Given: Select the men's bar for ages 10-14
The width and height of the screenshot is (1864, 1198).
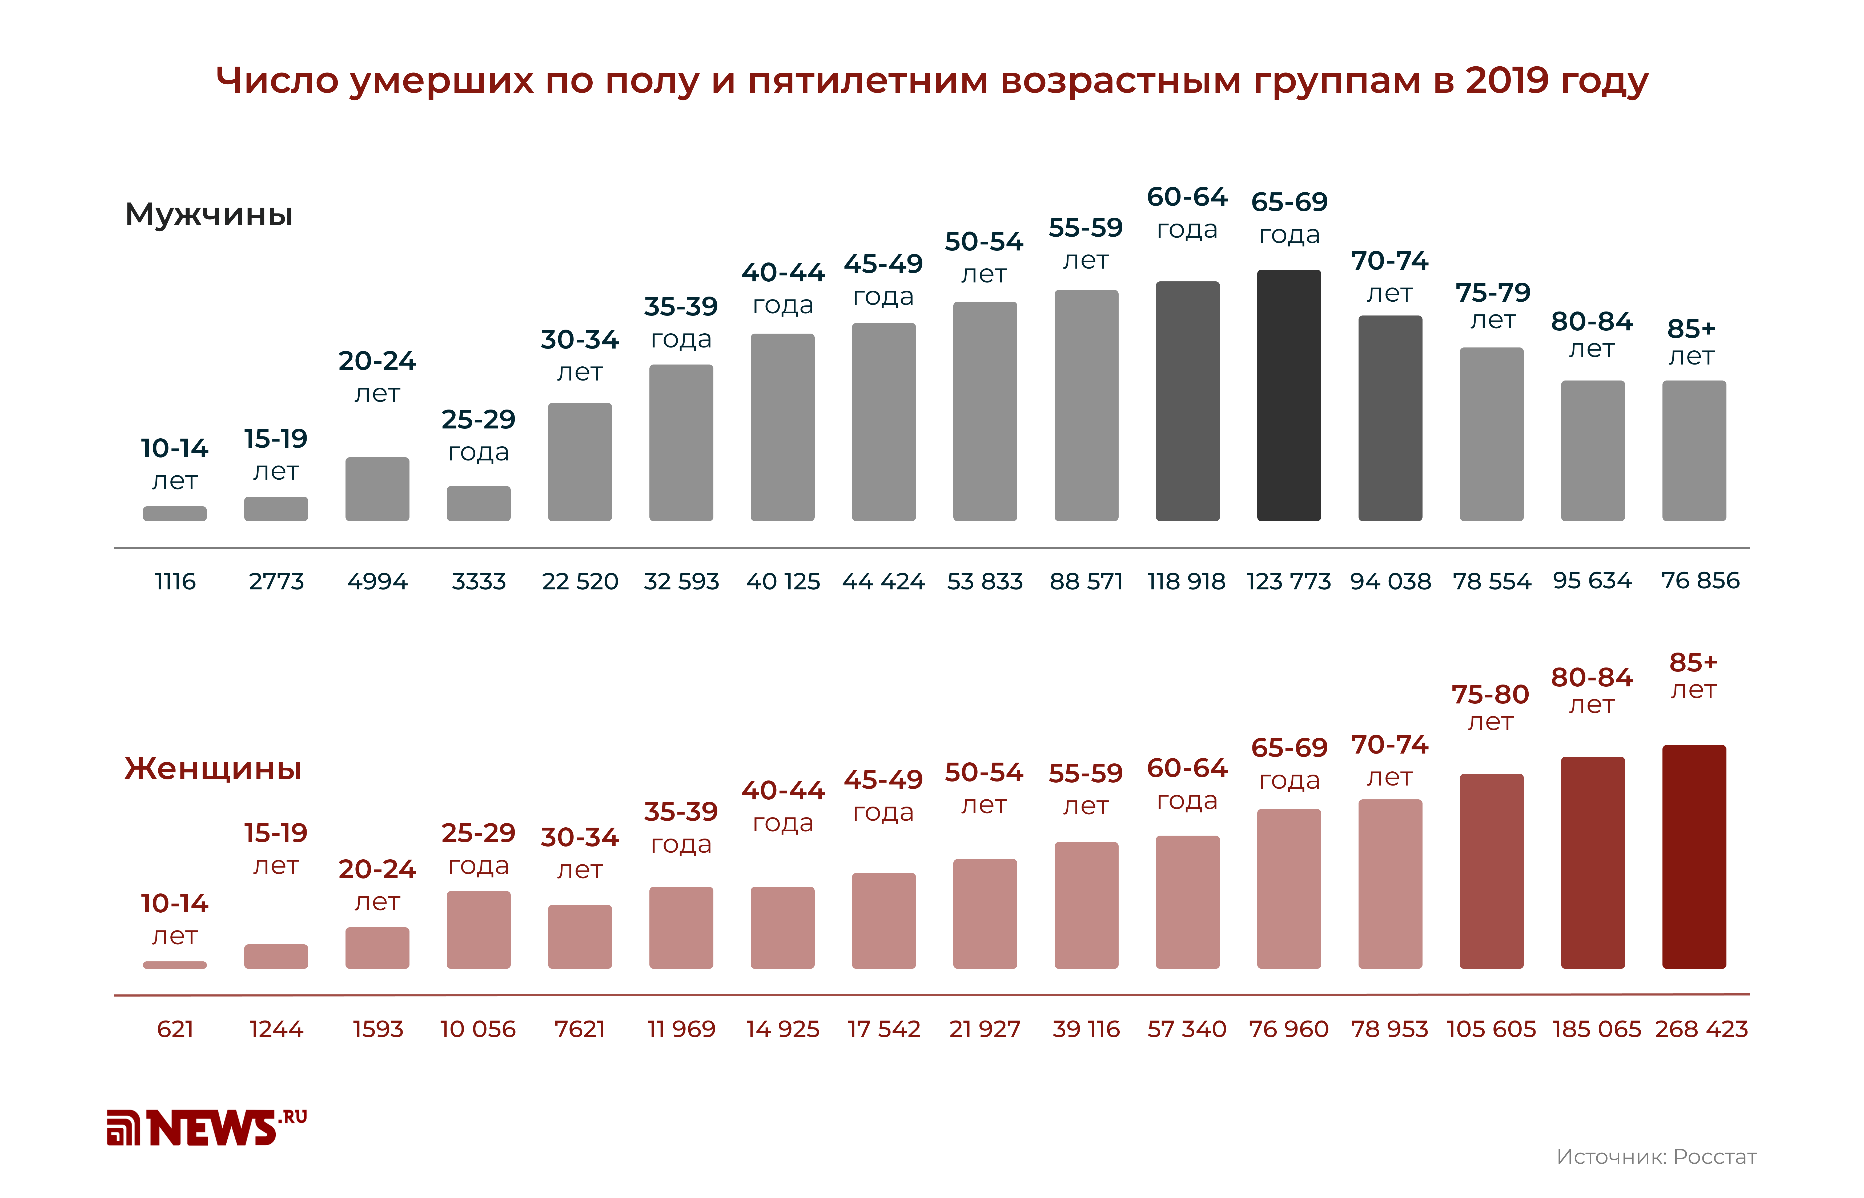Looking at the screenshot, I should (x=174, y=513).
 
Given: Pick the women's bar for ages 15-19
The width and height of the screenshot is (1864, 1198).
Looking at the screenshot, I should (x=275, y=956).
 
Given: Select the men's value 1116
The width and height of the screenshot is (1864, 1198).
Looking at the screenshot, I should (x=174, y=581).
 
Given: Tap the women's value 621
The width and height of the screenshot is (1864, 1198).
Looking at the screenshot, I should (x=174, y=1029).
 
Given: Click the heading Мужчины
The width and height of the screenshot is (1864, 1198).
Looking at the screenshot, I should (x=208, y=214).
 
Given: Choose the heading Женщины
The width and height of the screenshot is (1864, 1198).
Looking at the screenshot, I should (x=212, y=768).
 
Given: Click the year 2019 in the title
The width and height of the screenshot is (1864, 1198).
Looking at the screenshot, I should (x=1506, y=80).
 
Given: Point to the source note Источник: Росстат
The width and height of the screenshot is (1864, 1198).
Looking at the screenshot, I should (x=1656, y=1157).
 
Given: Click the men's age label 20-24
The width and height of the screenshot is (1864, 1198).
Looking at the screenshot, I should (x=377, y=361).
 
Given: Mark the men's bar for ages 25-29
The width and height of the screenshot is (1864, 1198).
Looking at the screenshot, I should (x=478, y=503).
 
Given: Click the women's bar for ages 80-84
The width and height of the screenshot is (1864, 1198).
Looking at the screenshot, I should (x=1592, y=862).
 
